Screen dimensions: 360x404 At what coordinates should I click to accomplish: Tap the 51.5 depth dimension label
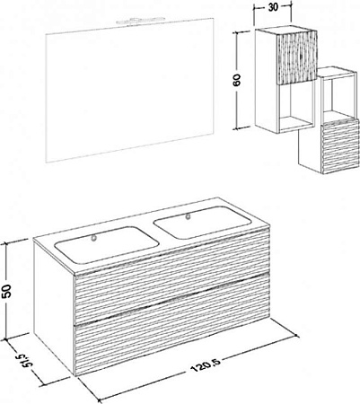pyautogui.click(x=25, y=361)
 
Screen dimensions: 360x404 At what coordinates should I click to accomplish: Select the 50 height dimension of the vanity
pyautogui.click(x=7, y=291)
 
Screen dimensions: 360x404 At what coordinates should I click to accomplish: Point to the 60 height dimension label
pyautogui.click(x=237, y=79)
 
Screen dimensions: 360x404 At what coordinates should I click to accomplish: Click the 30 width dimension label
pyautogui.click(x=273, y=7)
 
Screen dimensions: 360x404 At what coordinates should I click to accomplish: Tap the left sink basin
pyautogui.click(x=106, y=244)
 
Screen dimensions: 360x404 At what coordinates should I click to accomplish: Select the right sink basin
pyautogui.click(x=202, y=223)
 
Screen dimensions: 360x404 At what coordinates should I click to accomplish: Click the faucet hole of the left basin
pyautogui.click(x=94, y=238)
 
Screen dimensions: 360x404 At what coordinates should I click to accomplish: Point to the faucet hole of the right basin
pyautogui.click(x=188, y=215)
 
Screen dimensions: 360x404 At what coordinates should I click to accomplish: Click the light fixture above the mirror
pyautogui.click(x=141, y=21)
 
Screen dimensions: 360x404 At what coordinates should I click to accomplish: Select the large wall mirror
pyautogui.click(x=130, y=91)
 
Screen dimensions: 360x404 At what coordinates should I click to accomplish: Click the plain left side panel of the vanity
pyautogui.click(x=54, y=303)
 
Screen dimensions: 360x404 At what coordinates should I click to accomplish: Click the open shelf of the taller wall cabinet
pyautogui.click(x=296, y=106)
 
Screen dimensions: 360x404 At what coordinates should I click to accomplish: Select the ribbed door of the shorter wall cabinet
pyautogui.click(x=339, y=146)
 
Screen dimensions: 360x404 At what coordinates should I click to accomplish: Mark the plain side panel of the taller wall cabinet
pyautogui.click(x=267, y=79)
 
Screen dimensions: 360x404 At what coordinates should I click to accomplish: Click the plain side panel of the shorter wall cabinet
pyautogui.click(x=310, y=150)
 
